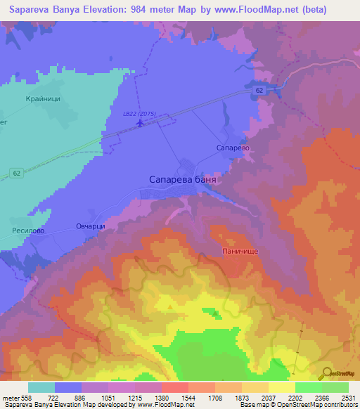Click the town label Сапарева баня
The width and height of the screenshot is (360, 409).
click(x=182, y=180)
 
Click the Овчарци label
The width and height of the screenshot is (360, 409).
click(x=90, y=226)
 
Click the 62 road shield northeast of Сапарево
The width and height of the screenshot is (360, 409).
click(x=260, y=91)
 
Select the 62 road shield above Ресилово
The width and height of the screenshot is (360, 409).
click(x=15, y=173)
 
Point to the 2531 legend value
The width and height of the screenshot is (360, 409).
click(x=348, y=398)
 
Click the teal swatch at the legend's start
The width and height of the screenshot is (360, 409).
click(x=41, y=387)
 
